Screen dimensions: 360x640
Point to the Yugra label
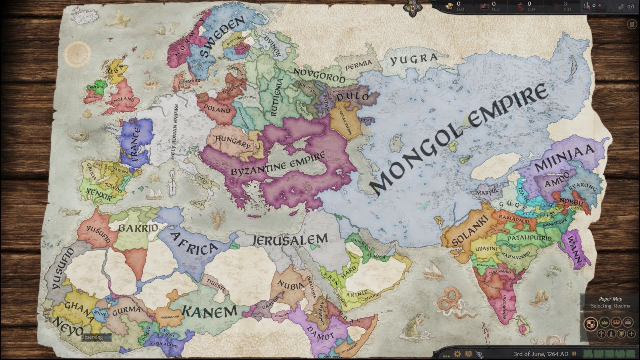413,60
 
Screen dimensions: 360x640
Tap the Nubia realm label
292,286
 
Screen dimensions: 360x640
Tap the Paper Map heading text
610,299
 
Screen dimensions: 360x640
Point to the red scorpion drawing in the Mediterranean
218,217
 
